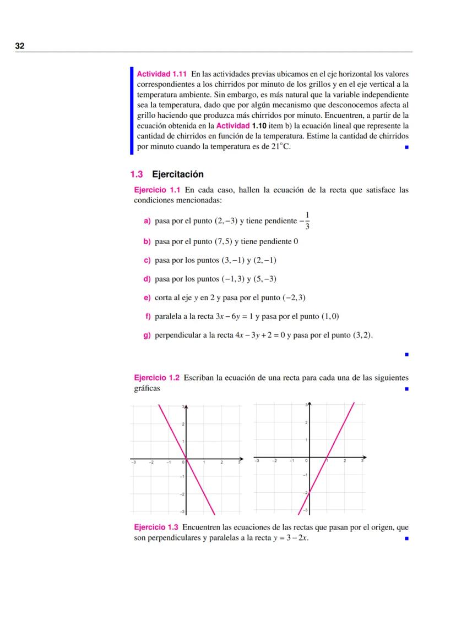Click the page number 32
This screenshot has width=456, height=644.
(19, 46)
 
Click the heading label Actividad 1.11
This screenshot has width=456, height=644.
(162, 73)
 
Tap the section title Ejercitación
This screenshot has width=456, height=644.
(177, 174)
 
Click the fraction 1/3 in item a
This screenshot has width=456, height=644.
(307, 220)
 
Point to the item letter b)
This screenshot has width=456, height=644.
(147, 241)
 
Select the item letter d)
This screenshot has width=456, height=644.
(147, 279)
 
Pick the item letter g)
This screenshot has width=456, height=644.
(147, 335)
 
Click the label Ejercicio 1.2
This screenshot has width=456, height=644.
(158, 378)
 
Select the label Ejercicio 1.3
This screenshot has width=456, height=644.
(158, 527)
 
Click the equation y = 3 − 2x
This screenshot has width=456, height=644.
(290, 538)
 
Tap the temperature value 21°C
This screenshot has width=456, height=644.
(281, 147)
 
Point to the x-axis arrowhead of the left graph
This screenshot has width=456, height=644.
(242, 459)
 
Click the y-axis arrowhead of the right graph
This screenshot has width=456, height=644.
(308, 404)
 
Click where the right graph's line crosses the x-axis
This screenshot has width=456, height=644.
(327, 458)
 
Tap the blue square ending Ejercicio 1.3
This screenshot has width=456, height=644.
(406, 538)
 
